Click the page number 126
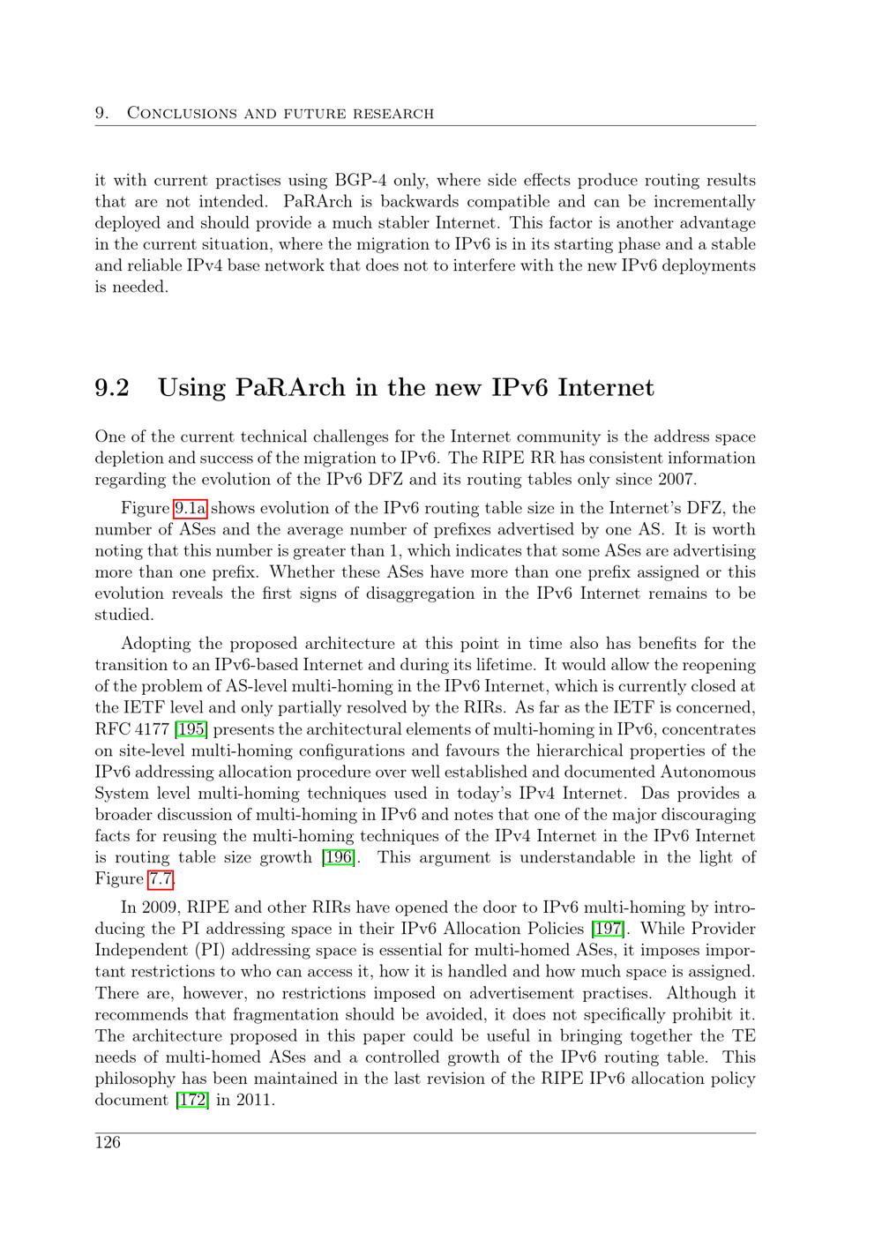pos(108,1143)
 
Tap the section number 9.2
pos(112,388)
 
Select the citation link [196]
pos(339,857)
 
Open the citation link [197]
pos(610,929)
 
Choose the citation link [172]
pos(192,1100)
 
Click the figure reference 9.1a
pos(190,508)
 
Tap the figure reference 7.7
pos(161,878)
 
